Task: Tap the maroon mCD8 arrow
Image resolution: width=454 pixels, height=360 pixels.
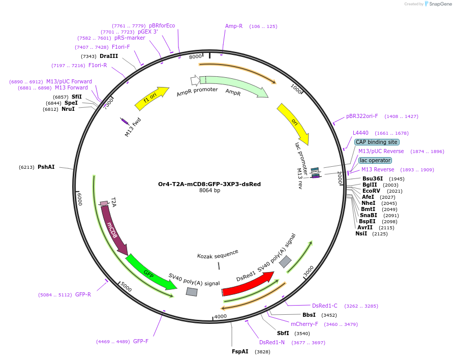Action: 114,229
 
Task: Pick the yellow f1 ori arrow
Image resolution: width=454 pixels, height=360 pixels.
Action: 152,98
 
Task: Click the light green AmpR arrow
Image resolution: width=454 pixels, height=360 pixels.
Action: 234,85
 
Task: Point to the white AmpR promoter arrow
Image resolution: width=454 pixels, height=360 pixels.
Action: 195,80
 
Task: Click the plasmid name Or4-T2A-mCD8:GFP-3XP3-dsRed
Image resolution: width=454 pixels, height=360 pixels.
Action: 209,184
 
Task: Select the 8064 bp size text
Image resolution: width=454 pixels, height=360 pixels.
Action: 209,190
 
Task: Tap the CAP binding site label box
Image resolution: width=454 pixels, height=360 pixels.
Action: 377,142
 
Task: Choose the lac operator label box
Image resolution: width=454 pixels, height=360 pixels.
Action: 375,160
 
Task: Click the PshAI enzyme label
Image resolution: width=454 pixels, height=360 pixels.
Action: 46,167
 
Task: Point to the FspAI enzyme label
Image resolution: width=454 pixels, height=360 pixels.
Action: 240,351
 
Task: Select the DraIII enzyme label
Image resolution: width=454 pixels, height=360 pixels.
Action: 109,56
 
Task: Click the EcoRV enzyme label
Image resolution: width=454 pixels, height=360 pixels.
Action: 371,191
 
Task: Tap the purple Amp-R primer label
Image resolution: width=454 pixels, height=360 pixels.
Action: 234,26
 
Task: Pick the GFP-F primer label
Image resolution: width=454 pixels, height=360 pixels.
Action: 141,341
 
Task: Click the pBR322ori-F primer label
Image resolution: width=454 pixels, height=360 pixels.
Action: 362,116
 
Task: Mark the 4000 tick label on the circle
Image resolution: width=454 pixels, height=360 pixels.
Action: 220,316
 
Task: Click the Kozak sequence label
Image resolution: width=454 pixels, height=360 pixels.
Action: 218,254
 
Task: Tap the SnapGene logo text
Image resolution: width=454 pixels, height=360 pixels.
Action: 440,4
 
